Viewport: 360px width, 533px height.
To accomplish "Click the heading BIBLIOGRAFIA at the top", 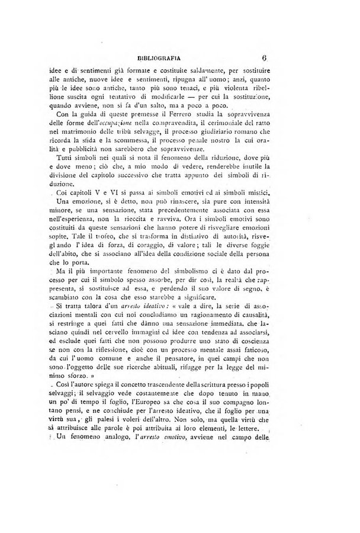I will (x=158, y=58).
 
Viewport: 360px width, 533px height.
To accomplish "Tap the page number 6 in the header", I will (x=264, y=58).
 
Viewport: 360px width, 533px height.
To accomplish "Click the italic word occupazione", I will (x=126, y=121).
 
